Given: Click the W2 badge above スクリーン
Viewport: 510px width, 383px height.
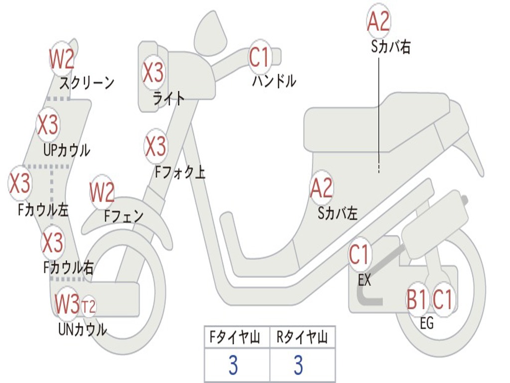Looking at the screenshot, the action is (62, 59).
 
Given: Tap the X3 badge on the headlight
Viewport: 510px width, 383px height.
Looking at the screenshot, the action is (153, 72).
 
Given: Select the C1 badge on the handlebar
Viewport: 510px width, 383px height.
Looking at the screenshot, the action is (259, 57).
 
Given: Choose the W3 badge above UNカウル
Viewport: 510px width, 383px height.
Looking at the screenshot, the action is (67, 304).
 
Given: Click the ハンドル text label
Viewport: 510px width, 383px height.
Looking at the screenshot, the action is (274, 81).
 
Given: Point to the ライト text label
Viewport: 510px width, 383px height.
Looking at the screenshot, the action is (169, 98).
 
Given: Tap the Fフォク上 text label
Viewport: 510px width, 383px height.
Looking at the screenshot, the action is (180, 173).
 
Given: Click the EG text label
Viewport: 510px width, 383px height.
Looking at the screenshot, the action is (427, 324).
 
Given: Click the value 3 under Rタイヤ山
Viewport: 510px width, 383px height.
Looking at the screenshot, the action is (298, 365).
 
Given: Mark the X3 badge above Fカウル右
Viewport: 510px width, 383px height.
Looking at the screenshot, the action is (52, 242).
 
